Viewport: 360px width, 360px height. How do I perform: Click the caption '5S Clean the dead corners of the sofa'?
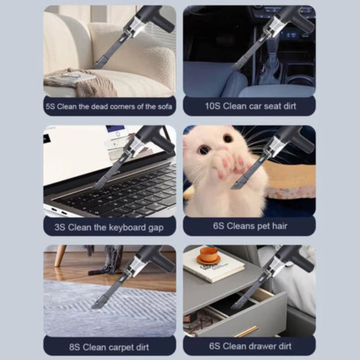(109, 106)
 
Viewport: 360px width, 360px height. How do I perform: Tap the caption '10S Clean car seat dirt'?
(249, 106)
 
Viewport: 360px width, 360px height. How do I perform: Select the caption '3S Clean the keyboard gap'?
(109, 226)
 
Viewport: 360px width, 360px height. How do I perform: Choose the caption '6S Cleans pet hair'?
(249, 226)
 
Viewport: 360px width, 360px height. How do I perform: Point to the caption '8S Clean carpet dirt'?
(109, 347)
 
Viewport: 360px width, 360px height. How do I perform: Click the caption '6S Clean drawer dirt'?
(249, 347)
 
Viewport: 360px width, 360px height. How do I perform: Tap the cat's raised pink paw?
(224, 165)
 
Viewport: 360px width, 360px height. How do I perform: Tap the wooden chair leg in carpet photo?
(60, 256)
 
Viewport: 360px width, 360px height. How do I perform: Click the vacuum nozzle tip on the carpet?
(98, 304)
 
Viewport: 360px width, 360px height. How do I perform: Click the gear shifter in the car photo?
(271, 67)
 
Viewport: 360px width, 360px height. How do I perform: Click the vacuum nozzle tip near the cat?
(238, 185)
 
